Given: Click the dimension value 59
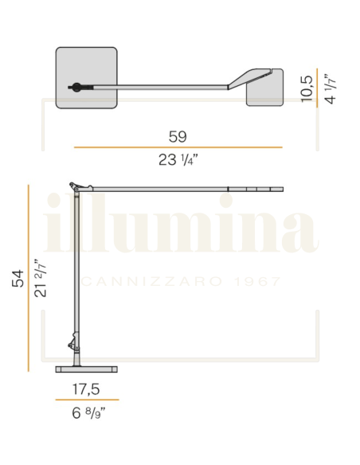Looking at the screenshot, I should click(178, 135).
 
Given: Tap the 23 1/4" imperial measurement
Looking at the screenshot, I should click(178, 160).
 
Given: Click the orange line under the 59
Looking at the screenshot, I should click(178, 147).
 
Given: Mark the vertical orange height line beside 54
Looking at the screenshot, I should click(29, 279).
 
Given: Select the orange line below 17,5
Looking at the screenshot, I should click(87, 400).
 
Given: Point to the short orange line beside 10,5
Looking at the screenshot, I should click(318, 87).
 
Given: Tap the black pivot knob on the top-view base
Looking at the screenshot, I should click(76, 87).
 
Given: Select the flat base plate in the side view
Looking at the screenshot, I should click(87, 369).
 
